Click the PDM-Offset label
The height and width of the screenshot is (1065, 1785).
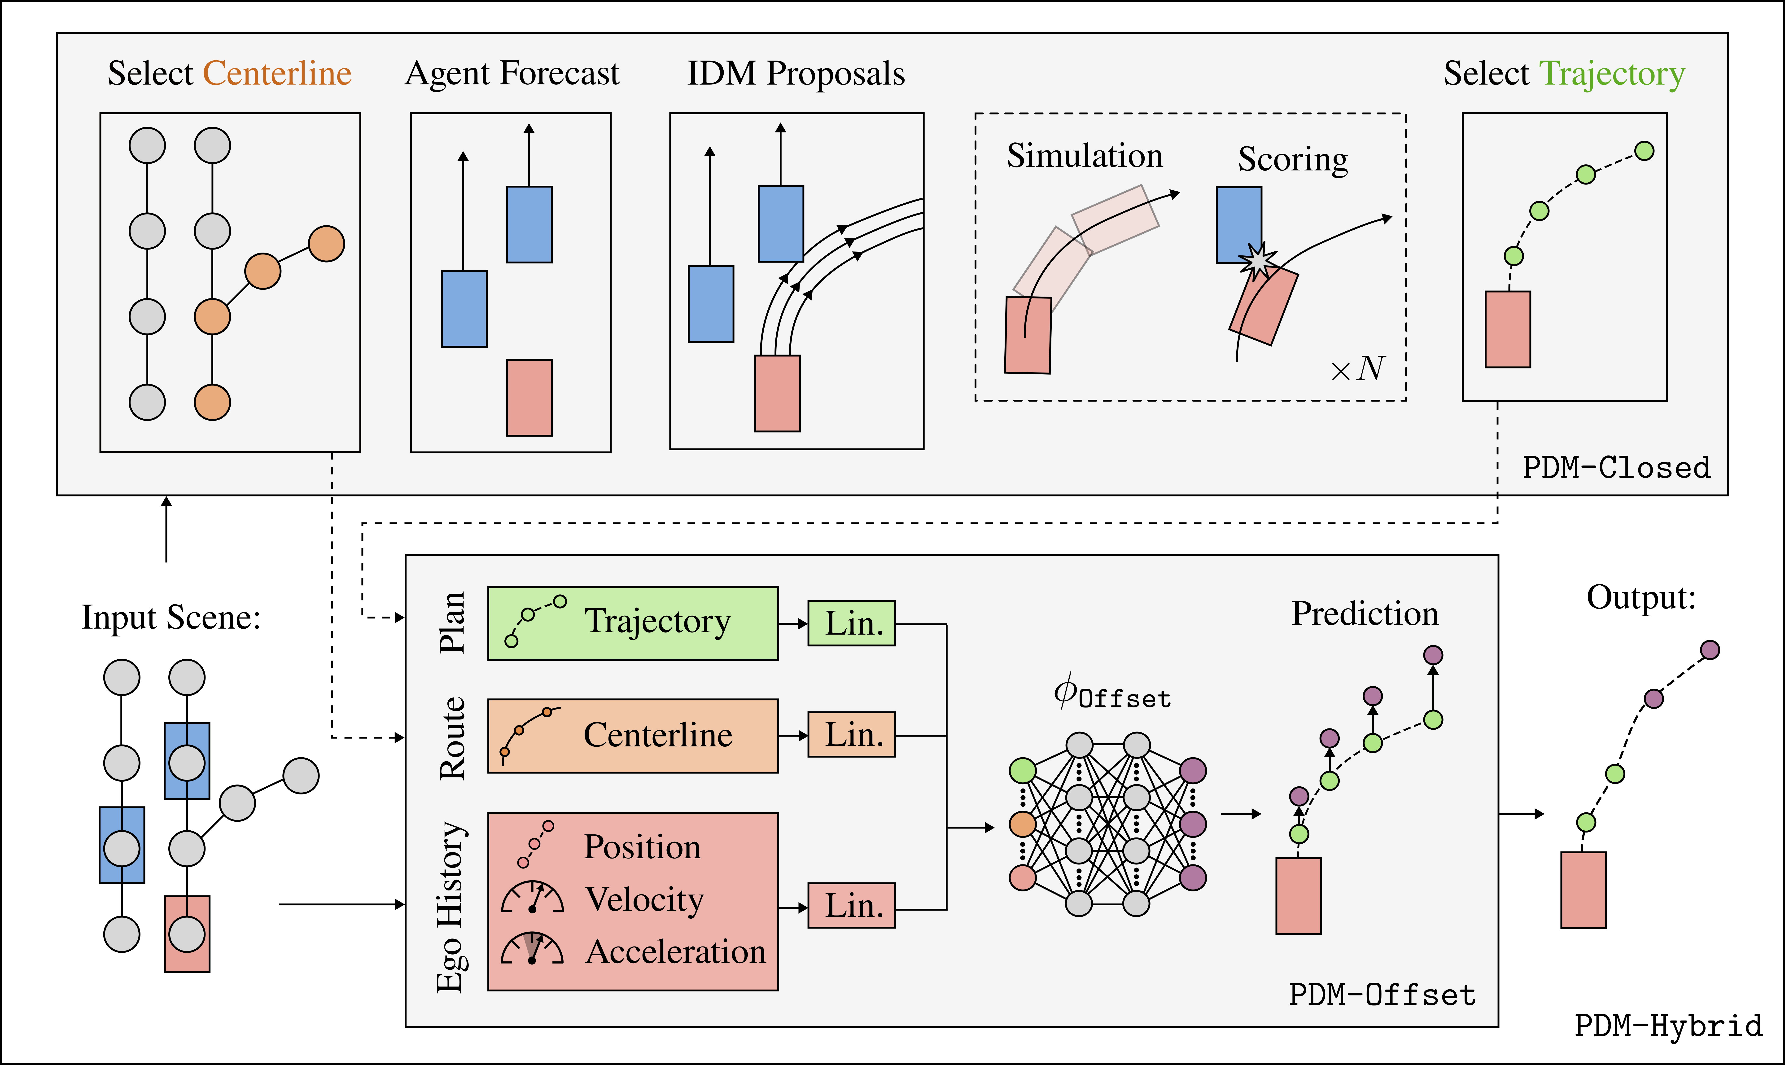pyautogui.click(x=1382, y=995)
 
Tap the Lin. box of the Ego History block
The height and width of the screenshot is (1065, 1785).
pyautogui.click(x=852, y=906)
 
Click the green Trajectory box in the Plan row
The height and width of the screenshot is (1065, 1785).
pyautogui.click(x=633, y=624)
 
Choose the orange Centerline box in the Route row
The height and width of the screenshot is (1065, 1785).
pyautogui.click(x=633, y=736)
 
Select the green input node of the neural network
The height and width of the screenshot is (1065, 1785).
pyautogui.click(x=1022, y=771)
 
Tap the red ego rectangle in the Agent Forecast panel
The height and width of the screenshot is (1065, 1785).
pyautogui.click(x=529, y=398)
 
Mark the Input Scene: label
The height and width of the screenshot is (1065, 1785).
pyautogui.click(x=171, y=617)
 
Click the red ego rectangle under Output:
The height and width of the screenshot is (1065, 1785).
pyautogui.click(x=1584, y=890)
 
